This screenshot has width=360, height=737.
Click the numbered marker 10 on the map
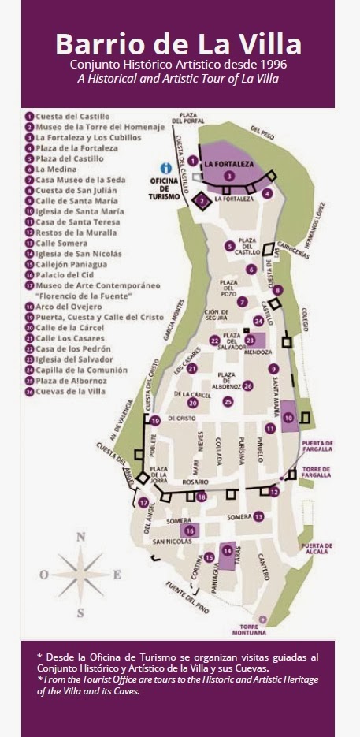pyautogui.click(x=288, y=417)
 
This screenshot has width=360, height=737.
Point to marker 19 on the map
pyautogui.click(x=155, y=420)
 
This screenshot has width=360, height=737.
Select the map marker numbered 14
pyautogui.click(x=227, y=549)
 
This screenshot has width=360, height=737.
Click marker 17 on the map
pyautogui.click(x=143, y=502)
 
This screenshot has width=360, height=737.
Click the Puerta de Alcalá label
pyautogui.click(x=316, y=549)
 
